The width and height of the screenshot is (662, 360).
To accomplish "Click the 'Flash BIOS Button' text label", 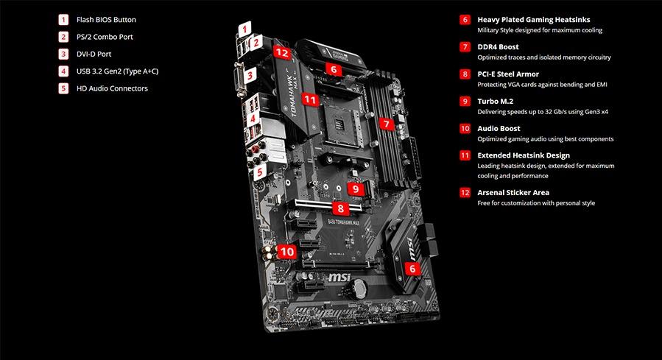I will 106,20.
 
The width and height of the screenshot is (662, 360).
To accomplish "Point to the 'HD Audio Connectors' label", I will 112,88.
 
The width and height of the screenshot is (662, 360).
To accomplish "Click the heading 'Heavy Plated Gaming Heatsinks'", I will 533,20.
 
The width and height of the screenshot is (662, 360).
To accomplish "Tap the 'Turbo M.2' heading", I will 499,101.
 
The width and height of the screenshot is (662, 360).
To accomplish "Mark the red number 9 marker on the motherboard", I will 356,188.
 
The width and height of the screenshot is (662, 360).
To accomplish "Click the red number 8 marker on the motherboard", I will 340,208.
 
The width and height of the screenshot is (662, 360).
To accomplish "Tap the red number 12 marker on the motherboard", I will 281,52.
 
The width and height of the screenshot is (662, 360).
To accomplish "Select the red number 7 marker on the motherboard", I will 385,124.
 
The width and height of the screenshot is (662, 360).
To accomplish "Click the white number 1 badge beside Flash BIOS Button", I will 64,20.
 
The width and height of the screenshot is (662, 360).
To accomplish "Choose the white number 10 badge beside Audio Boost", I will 465,128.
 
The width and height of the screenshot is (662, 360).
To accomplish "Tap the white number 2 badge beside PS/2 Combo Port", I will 64,37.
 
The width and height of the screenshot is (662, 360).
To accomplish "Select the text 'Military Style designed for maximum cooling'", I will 540,30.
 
